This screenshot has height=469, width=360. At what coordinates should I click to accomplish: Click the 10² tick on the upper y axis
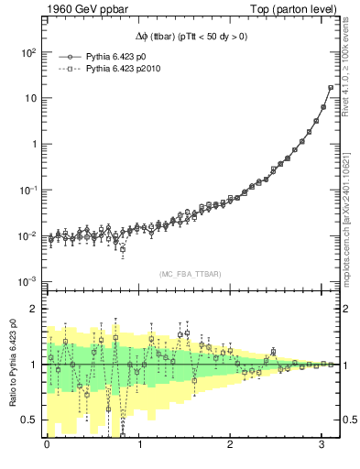[27, 52]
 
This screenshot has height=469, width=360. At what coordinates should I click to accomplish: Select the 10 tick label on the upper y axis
[30, 98]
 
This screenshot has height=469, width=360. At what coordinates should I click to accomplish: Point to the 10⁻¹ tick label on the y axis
[27, 190]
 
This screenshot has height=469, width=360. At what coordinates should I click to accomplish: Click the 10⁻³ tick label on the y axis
[27, 281]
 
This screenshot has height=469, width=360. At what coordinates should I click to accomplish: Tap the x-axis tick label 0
[47, 445]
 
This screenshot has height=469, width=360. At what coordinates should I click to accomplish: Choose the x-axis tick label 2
[231, 445]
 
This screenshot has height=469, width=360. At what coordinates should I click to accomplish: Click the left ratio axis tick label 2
[34, 309]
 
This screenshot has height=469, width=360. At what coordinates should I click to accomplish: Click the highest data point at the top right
[331, 88]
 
